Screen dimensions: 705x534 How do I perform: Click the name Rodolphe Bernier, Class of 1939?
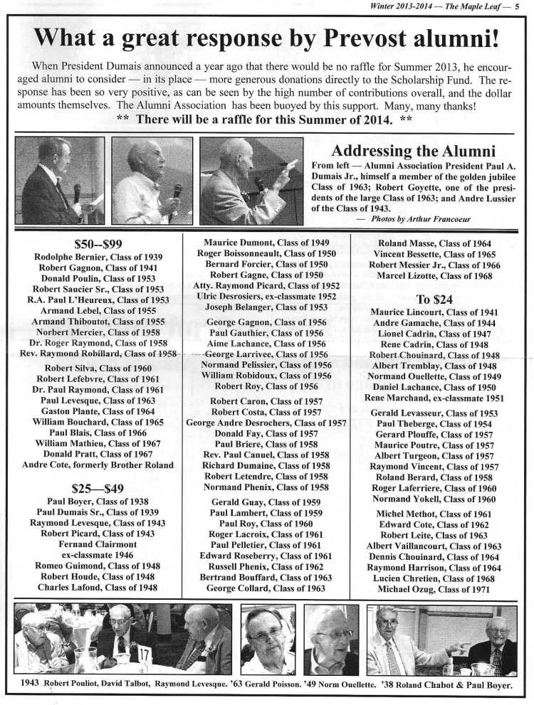click(98, 256)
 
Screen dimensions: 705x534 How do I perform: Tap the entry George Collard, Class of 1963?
click(266, 588)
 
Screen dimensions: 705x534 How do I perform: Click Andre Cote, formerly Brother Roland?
click(98, 465)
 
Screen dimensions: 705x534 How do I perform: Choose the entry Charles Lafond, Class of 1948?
click(98, 588)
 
